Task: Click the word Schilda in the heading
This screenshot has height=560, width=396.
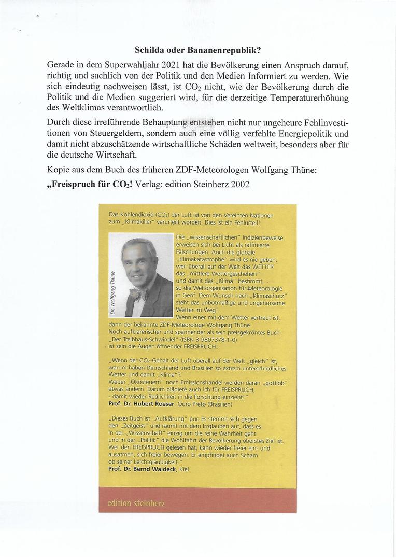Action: [151, 51]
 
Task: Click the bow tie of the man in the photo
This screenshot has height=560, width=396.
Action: [137, 293]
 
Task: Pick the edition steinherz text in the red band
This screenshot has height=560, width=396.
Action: [136, 502]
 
